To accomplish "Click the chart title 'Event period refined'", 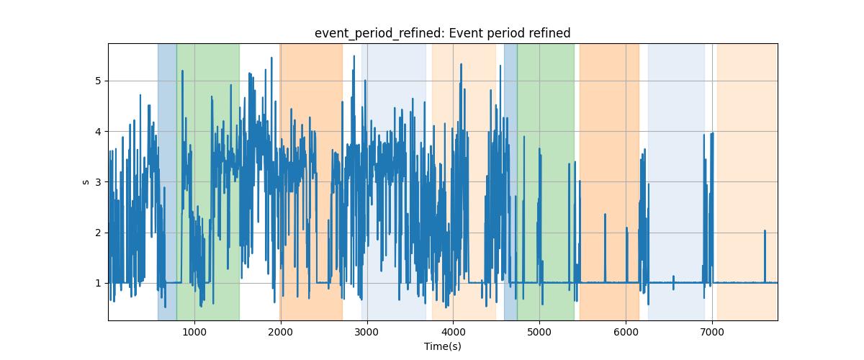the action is pyautogui.click(x=509, y=33).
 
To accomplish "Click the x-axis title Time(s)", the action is pyautogui.click(x=442, y=346).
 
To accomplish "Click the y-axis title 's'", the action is pyautogui.click(x=86, y=182).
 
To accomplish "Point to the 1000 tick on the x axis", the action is pyautogui.click(x=194, y=332).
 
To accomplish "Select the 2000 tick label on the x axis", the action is pyautogui.click(x=281, y=332).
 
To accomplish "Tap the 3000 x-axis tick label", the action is pyautogui.click(x=366, y=332).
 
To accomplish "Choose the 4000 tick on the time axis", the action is pyautogui.click(x=453, y=332).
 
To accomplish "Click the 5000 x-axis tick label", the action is pyautogui.click(x=539, y=332).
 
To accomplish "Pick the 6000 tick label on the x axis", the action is pyautogui.click(x=626, y=332).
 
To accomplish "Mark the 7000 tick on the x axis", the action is pyautogui.click(x=712, y=332).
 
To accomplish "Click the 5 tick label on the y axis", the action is pyautogui.click(x=98, y=81).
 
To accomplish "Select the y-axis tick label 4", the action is pyautogui.click(x=98, y=132).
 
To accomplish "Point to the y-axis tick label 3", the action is pyautogui.click(x=98, y=182).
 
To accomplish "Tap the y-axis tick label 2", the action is pyautogui.click(x=98, y=233).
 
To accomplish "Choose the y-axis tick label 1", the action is pyautogui.click(x=98, y=283).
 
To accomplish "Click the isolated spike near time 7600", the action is pyautogui.click(x=765, y=256).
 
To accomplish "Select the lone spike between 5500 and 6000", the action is pyautogui.click(x=605, y=248).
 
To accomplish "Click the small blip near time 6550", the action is pyautogui.click(x=673, y=282).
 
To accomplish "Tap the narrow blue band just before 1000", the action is pyautogui.click(x=167, y=182).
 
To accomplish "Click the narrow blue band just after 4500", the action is pyautogui.click(x=510, y=182).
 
